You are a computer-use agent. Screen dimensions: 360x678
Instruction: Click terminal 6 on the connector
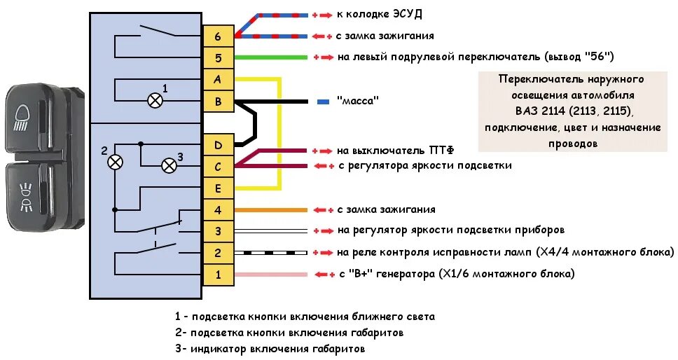[218, 36]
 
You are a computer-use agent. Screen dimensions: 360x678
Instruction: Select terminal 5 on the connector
[218, 58]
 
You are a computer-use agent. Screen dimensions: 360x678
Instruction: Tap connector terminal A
[218, 80]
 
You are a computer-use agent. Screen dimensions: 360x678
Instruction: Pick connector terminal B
[218, 102]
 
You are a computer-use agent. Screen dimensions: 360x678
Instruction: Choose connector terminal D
[218, 145]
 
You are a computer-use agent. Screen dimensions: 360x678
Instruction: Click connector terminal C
[218, 167]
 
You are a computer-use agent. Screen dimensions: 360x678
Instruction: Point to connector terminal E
[218, 188]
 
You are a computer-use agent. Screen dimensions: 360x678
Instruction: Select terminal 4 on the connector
[218, 209]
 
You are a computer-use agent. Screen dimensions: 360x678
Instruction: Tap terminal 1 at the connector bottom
[218, 275]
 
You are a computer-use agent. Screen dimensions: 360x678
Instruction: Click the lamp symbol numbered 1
[153, 100]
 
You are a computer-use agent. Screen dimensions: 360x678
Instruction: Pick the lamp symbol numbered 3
[169, 165]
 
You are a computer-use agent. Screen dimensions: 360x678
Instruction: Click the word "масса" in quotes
[358, 101]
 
